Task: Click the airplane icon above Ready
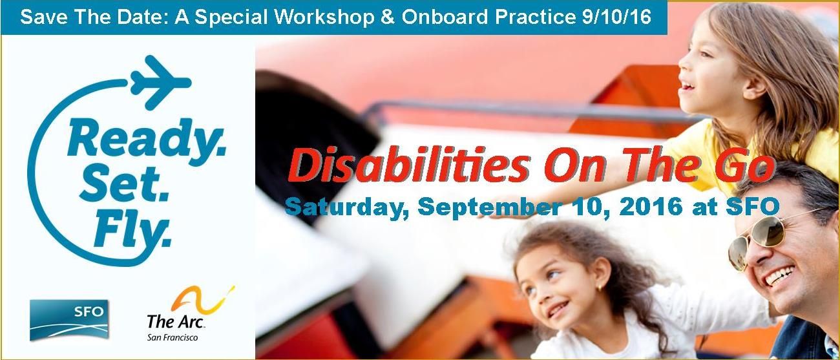point(160,81)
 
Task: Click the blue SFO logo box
point(69,320)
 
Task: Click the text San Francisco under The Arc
point(173,338)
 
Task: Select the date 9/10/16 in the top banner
point(616,17)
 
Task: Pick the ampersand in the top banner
point(388,17)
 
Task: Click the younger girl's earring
point(599,289)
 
